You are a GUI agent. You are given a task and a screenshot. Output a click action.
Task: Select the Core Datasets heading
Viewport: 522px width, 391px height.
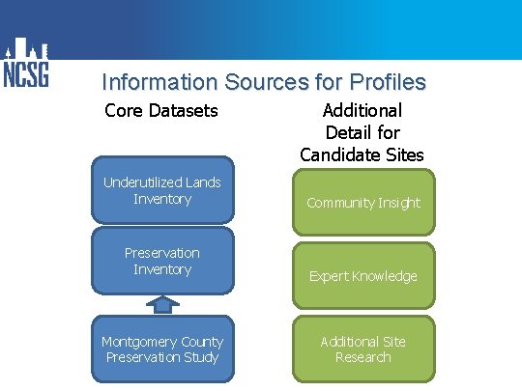coord(161,111)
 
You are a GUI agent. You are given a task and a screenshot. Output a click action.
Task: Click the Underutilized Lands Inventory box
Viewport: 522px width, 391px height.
coord(162,190)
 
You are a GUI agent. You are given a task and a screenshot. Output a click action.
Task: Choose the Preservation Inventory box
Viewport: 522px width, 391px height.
coord(162,261)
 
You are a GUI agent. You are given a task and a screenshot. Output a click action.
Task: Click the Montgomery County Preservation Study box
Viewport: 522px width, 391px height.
coord(162,349)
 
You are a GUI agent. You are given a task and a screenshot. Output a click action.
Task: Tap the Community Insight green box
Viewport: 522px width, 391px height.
coord(363,203)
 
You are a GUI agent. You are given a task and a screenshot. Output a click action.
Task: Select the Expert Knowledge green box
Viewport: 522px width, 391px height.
coord(363,276)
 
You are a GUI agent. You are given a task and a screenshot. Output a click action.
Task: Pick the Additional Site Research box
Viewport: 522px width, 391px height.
coord(363,349)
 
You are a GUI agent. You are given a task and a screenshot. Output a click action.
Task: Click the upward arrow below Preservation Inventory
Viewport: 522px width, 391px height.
coord(162,305)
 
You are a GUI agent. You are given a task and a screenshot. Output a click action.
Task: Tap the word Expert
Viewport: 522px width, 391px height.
coord(329,276)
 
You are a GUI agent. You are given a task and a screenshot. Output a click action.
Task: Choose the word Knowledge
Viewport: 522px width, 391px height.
coord(384,276)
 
